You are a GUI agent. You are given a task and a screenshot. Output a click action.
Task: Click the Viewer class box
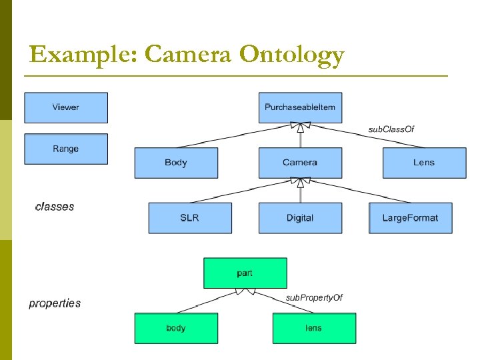(x=66, y=107)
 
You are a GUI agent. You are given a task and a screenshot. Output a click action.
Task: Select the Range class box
(x=66, y=149)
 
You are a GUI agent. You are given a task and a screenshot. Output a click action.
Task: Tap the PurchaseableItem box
(x=300, y=107)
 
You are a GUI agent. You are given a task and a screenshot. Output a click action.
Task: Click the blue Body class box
(x=176, y=163)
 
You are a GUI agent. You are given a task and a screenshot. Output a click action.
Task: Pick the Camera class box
(x=300, y=163)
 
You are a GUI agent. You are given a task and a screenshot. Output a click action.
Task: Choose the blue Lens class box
(x=424, y=163)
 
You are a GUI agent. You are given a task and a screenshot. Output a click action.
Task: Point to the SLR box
(x=190, y=218)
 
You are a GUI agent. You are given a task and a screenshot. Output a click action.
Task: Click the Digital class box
(x=300, y=218)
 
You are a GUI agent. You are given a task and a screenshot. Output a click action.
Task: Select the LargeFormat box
(x=410, y=218)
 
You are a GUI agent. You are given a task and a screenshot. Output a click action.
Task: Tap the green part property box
(x=245, y=273)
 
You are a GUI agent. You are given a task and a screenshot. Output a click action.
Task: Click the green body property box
(x=176, y=328)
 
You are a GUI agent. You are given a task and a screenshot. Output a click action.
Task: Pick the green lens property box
(x=314, y=328)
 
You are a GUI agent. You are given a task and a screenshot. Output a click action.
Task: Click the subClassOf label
(x=391, y=129)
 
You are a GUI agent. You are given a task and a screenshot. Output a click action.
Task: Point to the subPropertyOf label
(x=314, y=297)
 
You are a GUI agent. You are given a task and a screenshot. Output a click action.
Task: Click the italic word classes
(x=55, y=207)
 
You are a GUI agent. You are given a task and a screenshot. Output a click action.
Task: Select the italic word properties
(x=55, y=303)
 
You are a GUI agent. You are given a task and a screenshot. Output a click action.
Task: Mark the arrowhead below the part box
(x=245, y=291)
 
